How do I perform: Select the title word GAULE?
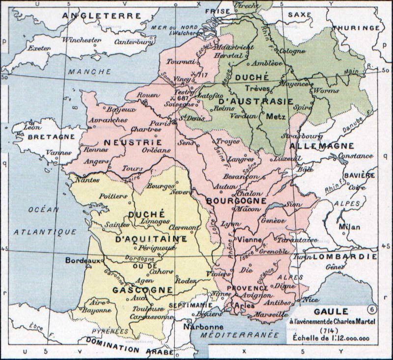(336, 312)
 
